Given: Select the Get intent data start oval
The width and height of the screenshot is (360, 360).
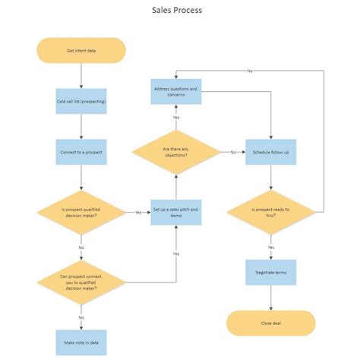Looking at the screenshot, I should [x=81, y=51].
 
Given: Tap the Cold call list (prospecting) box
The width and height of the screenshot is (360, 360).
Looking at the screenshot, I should [x=81, y=101].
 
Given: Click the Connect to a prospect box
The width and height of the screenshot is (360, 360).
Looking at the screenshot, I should [x=81, y=152].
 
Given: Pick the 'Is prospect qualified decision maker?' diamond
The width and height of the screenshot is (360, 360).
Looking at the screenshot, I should [x=81, y=212].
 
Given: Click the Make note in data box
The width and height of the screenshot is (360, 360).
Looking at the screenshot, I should [x=81, y=343].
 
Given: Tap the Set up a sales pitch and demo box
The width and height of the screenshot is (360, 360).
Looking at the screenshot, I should [x=175, y=212].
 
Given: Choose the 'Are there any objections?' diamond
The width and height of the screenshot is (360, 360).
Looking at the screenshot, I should [x=175, y=152].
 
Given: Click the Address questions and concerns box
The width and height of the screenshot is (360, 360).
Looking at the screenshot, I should [x=175, y=92].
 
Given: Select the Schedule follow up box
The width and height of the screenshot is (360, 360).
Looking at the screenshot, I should [x=271, y=152].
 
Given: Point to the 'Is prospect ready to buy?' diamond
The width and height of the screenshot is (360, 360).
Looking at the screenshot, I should [x=271, y=212].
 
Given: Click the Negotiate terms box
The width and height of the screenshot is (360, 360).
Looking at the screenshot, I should [x=271, y=272].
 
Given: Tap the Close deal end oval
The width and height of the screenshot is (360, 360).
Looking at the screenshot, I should [x=271, y=323].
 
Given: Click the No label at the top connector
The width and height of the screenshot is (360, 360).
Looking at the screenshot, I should [x=250, y=71].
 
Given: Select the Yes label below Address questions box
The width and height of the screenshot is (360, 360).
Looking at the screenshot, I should [x=175, y=118].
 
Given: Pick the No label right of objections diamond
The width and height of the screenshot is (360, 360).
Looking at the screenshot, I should [x=233, y=152].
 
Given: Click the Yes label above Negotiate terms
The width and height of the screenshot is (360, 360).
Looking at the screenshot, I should [x=271, y=247].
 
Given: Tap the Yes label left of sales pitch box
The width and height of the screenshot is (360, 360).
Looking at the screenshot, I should [x=139, y=213].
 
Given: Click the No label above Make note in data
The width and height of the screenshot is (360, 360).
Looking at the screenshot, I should [x=81, y=317].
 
